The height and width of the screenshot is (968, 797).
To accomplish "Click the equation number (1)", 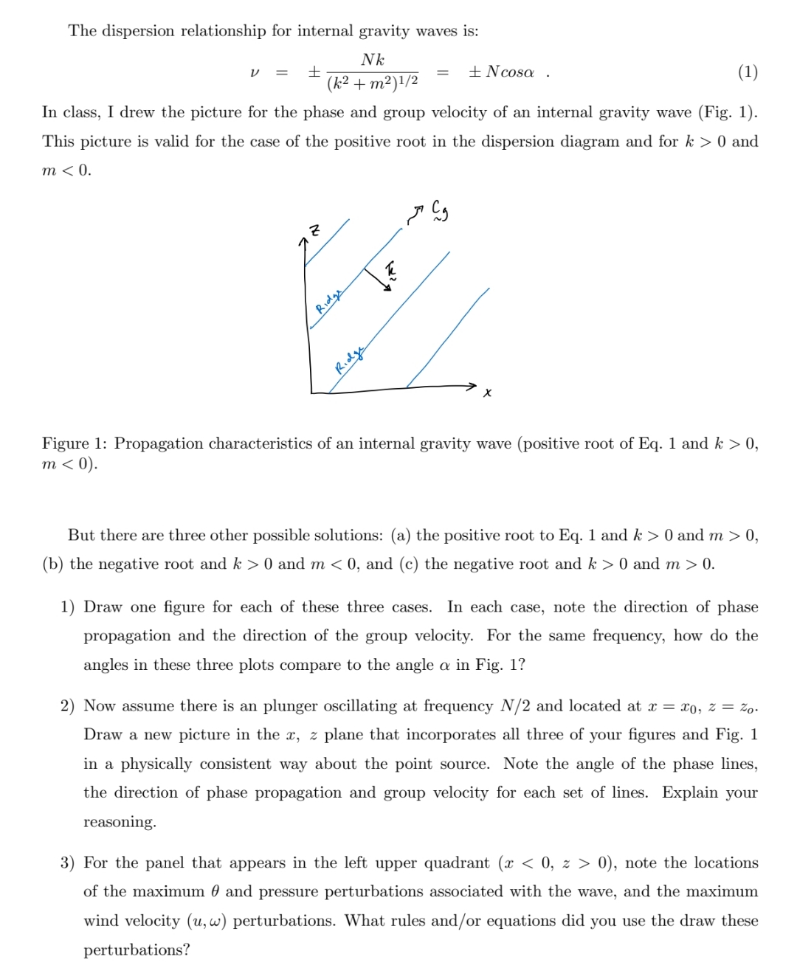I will (x=747, y=72).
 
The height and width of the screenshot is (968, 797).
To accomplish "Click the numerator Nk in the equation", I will (x=373, y=59).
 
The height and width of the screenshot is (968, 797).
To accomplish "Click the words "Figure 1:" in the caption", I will (x=75, y=443).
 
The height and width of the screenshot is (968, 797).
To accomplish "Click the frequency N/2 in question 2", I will (x=514, y=706).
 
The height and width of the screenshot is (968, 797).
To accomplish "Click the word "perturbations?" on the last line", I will (x=136, y=950).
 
